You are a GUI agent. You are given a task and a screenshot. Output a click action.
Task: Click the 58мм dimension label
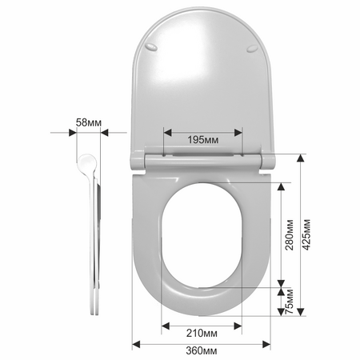point(89,123)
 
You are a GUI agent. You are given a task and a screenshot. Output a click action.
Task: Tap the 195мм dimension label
point(203,140)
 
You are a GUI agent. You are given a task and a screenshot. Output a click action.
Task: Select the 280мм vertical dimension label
point(290,234)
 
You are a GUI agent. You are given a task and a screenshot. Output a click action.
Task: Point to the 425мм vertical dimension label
point(307,234)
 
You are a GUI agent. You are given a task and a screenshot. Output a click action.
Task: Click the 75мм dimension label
point(290,302)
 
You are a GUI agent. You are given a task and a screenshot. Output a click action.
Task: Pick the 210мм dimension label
point(202,333)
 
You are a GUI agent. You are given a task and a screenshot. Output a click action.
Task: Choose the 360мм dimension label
point(202,350)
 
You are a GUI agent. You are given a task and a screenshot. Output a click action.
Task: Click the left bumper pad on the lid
point(151,46)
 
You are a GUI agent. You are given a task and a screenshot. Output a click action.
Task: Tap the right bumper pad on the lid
point(252,49)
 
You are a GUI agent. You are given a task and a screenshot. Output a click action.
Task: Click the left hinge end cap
point(137,161)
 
